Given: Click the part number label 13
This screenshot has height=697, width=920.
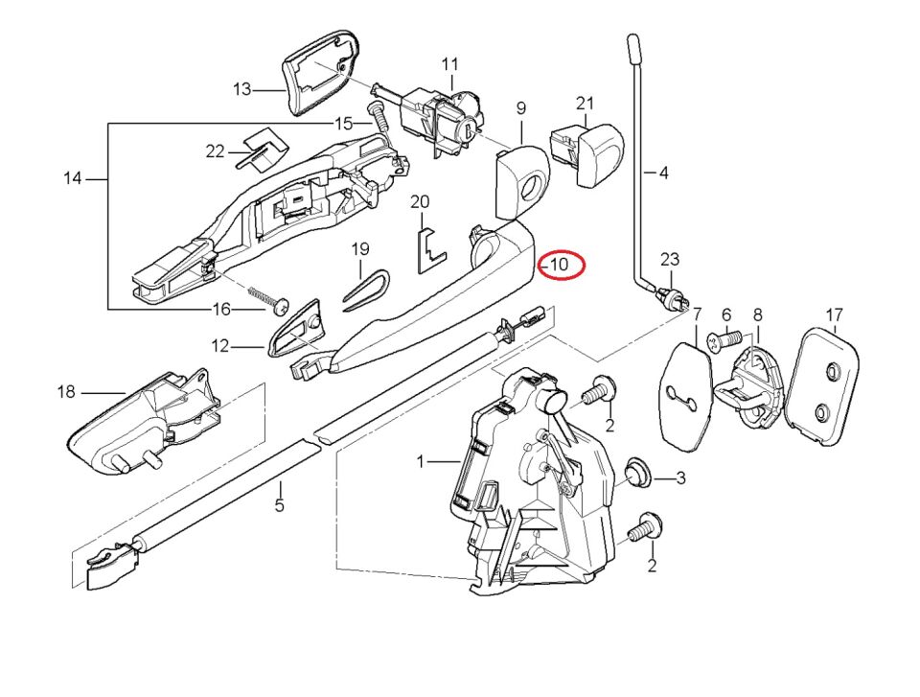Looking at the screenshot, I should point(241,89).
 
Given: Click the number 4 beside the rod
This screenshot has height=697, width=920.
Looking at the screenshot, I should point(663,174).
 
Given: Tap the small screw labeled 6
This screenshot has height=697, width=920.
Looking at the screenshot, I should point(724,338).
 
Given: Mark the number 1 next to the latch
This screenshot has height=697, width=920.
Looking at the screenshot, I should point(420,462).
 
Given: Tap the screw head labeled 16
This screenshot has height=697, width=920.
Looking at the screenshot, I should point(280,307).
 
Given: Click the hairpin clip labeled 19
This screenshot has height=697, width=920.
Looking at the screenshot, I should point(364,288).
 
